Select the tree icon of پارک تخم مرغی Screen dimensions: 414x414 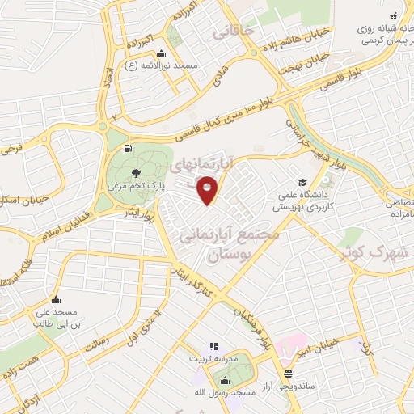(134, 171)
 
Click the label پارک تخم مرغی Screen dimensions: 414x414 (136, 185)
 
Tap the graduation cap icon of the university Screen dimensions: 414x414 (301, 182)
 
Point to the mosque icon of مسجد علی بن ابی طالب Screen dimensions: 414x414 (55, 299)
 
